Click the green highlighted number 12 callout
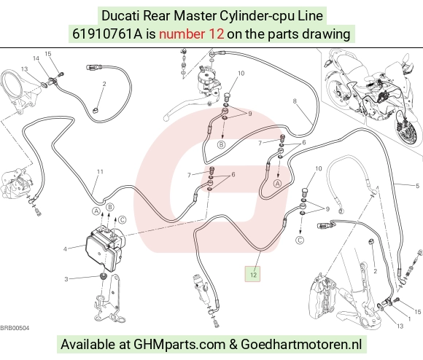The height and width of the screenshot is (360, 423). click(x=252, y=274)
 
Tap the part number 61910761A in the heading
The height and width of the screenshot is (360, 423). click(x=107, y=34)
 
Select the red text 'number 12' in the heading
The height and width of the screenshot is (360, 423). click(x=191, y=34)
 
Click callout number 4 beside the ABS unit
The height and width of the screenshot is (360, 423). click(x=65, y=249)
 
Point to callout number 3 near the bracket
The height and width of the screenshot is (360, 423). click(x=66, y=279)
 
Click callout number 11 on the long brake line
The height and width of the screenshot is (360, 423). click(x=100, y=172)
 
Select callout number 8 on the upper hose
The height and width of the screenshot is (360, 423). click(x=295, y=101)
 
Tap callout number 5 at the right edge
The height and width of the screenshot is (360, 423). click(x=418, y=185)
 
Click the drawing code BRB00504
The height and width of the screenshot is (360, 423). click(x=15, y=328)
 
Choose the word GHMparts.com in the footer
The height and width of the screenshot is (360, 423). click(x=179, y=345)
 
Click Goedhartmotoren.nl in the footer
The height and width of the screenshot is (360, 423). click(x=301, y=344)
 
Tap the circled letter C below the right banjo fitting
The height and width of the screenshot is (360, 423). click(x=300, y=240)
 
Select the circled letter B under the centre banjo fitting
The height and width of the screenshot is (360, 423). click(x=221, y=145)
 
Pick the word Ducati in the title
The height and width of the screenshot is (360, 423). click(x=120, y=15)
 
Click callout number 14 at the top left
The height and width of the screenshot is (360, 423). click(x=36, y=58)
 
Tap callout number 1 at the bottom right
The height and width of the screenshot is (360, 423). click(x=409, y=318)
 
